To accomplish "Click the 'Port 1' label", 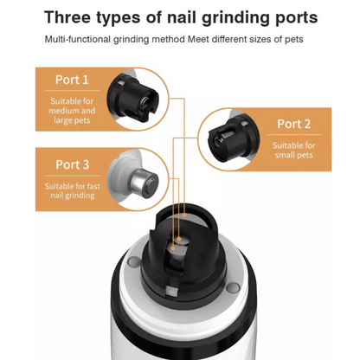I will [73, 80].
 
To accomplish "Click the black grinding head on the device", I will [180, 251].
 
